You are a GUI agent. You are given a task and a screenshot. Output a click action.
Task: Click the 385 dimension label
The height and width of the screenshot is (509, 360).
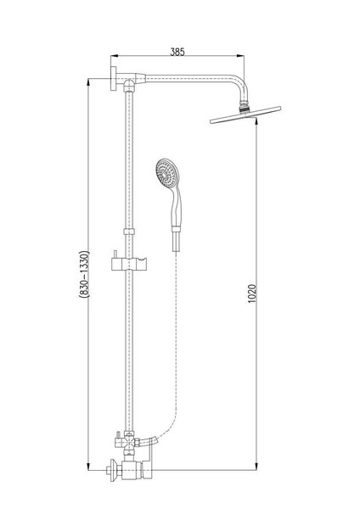point(177,52)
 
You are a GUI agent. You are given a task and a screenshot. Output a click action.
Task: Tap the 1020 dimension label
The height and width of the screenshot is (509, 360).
point(252,294)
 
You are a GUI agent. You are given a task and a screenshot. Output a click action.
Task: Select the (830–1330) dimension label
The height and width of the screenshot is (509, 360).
point(84,274)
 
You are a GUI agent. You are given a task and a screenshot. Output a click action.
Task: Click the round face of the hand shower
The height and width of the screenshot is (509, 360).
point(165,173)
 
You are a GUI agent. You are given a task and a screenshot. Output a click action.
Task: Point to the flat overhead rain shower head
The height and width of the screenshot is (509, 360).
point(245,115)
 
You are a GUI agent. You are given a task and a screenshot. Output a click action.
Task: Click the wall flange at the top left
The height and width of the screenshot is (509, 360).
point(115,79)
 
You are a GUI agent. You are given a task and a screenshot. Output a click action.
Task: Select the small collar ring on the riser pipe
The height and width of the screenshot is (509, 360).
point(129,232)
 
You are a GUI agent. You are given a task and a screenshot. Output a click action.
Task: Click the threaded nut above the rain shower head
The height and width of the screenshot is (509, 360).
point(245,108)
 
